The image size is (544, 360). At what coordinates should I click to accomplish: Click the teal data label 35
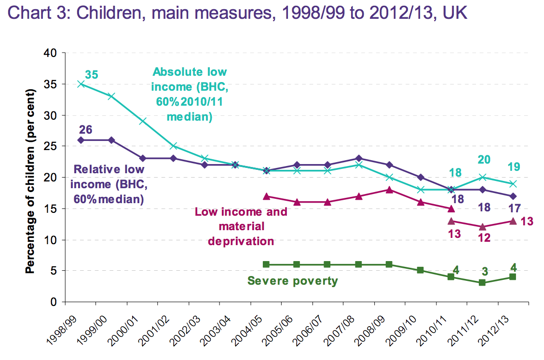[x=92, y=75]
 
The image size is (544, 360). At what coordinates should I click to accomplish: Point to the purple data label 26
[x=85, y=129]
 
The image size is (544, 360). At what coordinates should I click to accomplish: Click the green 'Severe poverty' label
[x=292, y=280]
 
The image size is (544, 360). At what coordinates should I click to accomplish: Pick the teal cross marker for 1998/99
[x=81, y=84]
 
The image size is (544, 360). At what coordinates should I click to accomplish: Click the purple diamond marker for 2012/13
[x=513, y=196]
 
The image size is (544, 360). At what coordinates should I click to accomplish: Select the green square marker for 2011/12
[x=482, y=283]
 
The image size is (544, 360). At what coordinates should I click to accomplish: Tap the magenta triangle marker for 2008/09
[x=389, y=190]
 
